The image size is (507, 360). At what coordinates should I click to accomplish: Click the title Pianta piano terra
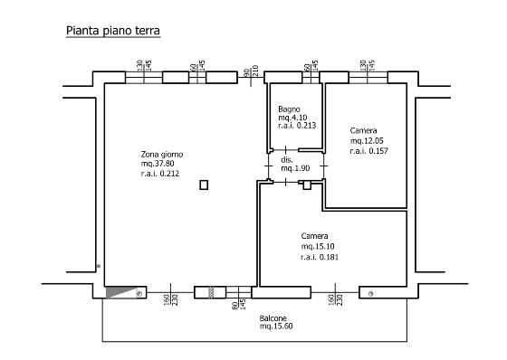[x=113, y=31]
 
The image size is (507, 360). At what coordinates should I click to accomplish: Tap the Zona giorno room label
[x=162, y=155]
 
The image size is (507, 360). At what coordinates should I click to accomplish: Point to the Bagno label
[x=289, y=109]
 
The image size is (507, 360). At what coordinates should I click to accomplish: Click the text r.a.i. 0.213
[x=297, y=126]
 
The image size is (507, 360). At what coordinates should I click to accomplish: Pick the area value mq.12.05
[x=367, y=140]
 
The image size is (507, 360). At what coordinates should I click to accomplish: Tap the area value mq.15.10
[x=318, y=246]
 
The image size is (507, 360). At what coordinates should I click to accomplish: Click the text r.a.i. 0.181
[x=320, y=257]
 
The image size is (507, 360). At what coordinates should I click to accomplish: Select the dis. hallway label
[x=287, y=159]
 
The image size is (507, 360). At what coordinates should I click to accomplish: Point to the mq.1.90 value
[x=295, y=168]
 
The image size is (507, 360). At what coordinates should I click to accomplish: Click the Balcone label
[x=273, y=318]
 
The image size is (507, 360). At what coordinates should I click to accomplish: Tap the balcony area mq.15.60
[x=276, y=326]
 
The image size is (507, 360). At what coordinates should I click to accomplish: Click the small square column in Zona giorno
[x=204, y=185]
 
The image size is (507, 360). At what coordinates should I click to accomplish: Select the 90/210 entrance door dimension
[x=251, y=71]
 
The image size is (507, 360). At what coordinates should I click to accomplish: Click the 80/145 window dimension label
[x=239, y=304]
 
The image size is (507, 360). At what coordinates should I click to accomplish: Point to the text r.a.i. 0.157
[x=369, y=151]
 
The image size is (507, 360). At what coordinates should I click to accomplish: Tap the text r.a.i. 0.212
[x=160, y=174]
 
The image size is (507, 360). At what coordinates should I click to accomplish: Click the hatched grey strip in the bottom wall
[x=212, y=292]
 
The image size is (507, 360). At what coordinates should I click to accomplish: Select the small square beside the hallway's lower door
[x=307, y=185]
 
